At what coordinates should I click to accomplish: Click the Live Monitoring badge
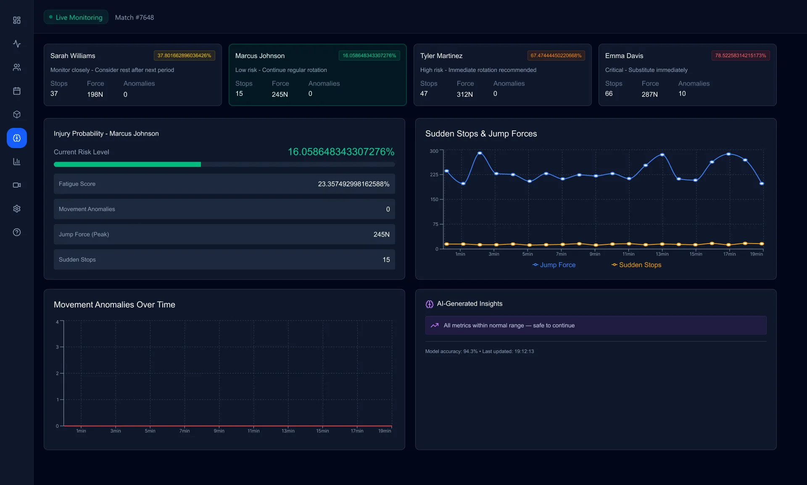(76, 17)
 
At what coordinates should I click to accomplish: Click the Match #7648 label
(134, 17)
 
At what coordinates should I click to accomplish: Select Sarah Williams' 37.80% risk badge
(184, 56)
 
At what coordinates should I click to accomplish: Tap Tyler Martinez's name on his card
(441, 56)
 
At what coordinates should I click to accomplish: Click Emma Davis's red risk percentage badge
(740, 56)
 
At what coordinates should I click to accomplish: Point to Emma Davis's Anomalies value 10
(682, 94)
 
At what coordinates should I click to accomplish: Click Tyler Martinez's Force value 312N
(464, 94)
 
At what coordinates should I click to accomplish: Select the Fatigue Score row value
(353, 184)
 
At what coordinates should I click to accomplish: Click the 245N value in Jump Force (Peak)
(381, 234)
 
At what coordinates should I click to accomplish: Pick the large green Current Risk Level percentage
(341, 152)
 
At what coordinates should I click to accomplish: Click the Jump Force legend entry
(554, 265)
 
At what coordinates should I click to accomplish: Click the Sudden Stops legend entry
(636, 265)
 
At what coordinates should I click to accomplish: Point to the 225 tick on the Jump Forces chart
(434, 174)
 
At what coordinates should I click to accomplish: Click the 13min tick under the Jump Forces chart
(662, 254)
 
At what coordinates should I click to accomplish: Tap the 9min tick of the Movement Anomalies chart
(219, 431)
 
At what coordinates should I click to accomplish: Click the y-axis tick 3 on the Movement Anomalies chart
(57, 347)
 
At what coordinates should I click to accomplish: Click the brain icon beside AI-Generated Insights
(429, 304)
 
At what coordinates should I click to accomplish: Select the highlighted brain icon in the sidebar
(17, 138)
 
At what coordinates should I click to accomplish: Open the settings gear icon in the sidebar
(17, 209)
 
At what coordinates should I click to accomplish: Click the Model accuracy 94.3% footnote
(479, 351)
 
